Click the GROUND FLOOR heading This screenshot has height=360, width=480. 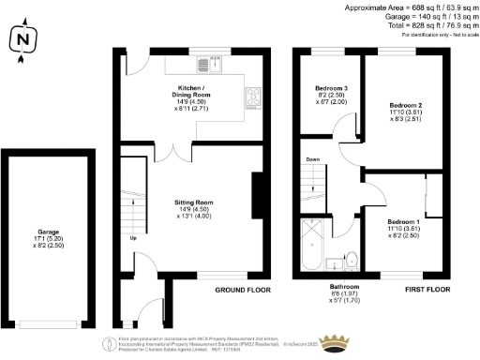coord(243,291)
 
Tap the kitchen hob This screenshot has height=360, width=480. coord(253,96)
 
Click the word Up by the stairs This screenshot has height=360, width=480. coord(132,237)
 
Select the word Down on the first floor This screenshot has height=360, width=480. coord(312,160)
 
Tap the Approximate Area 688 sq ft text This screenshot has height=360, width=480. coord(412,7)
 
